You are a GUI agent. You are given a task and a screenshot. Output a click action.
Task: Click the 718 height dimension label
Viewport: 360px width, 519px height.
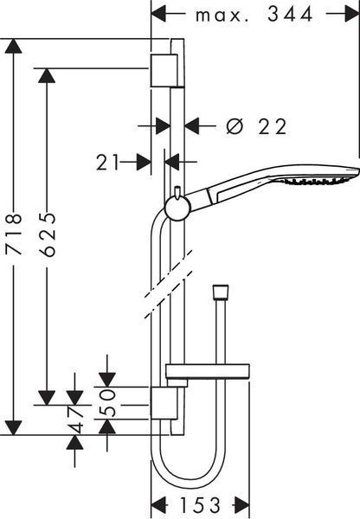pyautogui.click(x=14, y=234)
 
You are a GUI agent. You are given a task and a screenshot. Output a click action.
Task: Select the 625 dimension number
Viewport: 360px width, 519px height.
pyautogui.click(x=47, y=234)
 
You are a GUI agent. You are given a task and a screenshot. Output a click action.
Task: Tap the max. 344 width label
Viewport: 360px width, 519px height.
pyautogui.click(x=254, y=15)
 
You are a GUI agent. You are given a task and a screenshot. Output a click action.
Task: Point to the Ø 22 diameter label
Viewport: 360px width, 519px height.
pyautogui.click(x=256, y=126)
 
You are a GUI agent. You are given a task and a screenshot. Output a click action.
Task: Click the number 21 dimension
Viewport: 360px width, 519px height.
pyautogui.click(x=107, y=163)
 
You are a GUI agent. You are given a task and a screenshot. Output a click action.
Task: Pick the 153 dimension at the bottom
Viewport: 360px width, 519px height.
pyautogui.click(x=200, y=505)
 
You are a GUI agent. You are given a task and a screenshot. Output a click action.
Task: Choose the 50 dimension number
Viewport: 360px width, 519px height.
pyautogui.click(x=107, y=402)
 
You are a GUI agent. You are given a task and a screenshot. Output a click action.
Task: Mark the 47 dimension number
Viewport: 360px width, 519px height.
pyautogui.click(x=75, y=420)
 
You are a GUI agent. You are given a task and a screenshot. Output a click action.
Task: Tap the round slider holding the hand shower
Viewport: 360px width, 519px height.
pyautogui.click(x=177, y=208)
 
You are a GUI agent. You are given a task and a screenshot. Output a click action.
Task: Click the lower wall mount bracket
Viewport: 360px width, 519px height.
pyautogui.click(x=164, y=402)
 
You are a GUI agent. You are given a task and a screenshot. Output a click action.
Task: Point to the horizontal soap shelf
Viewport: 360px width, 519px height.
pyautogui.click(x=208, y=372)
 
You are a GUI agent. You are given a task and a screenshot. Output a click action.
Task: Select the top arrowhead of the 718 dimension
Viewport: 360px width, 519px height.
pyautogui.click(x=14, y=46)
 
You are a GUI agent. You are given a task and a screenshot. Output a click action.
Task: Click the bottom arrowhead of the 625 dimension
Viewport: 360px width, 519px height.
pyautogui.click(x=47, y=398)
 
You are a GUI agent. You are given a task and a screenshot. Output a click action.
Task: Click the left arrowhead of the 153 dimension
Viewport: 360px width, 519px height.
pyautogui.click(x=158, y=505)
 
